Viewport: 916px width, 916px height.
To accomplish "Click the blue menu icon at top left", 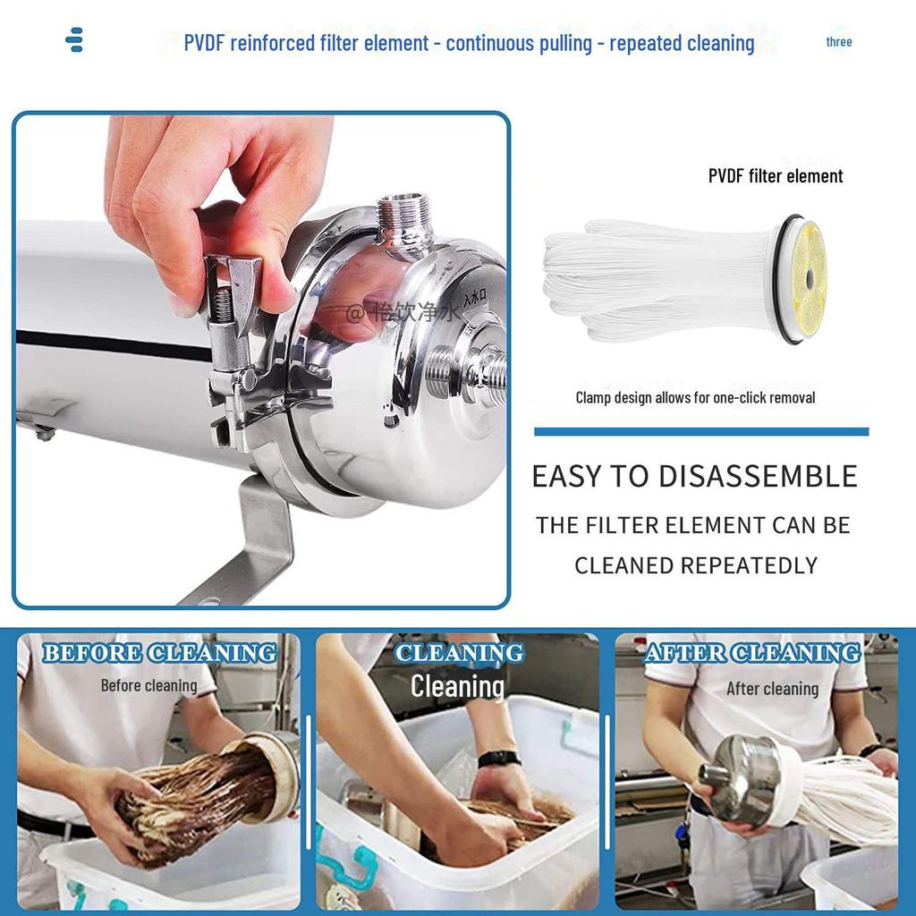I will pyautogui.click(x=75, y=40).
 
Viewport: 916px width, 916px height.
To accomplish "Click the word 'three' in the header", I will pyautogui.click(x=838, y=42).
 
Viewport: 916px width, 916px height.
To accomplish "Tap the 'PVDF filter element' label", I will pyautogui.click(x=775, y=176).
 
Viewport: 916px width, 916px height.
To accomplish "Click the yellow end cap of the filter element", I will pyautogui.click(x=809, y=278).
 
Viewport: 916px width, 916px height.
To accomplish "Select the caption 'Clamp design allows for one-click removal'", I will pyautogui.click(x=695, y=397).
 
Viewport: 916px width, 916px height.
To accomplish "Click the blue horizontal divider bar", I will pyautogui.click(x=700, y=431).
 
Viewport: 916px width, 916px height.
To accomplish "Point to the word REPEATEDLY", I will pyautogui.click(x=749, y=565).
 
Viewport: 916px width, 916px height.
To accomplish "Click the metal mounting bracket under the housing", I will pyautogui.click(x=259, y=537).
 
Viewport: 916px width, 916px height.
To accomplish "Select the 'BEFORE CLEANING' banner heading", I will pyautogui.click(x=159, y=654).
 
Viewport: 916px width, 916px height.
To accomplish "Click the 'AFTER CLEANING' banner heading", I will pyautogui.click(x=752, y=654).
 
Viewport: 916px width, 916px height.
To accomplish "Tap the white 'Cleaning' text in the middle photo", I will pyautogui.click(x=457, y=687).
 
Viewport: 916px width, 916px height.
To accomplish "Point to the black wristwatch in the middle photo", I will pyautogui.click(x=498, y=759).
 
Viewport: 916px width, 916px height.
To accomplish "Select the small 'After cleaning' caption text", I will pyautogui.click(x=772, y=689).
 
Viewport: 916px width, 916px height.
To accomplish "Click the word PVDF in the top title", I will pyautogui.click(x=204, y=43).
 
